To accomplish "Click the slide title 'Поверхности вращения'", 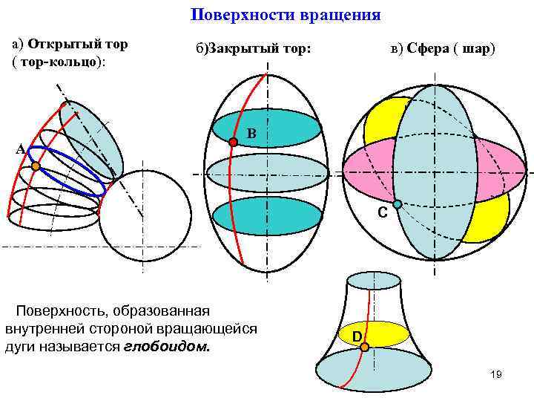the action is tap(286, 15).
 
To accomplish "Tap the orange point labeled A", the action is tap(36, 167).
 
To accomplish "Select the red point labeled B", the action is tap(234, 142).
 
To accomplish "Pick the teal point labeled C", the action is tap(398, 204).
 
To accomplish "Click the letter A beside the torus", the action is tap(21, 149).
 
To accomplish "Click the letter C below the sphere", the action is tap(382, 213).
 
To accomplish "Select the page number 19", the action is tap(496, 375).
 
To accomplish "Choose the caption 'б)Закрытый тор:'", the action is tap(253, 49).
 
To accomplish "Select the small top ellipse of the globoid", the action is tap(374, 280).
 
